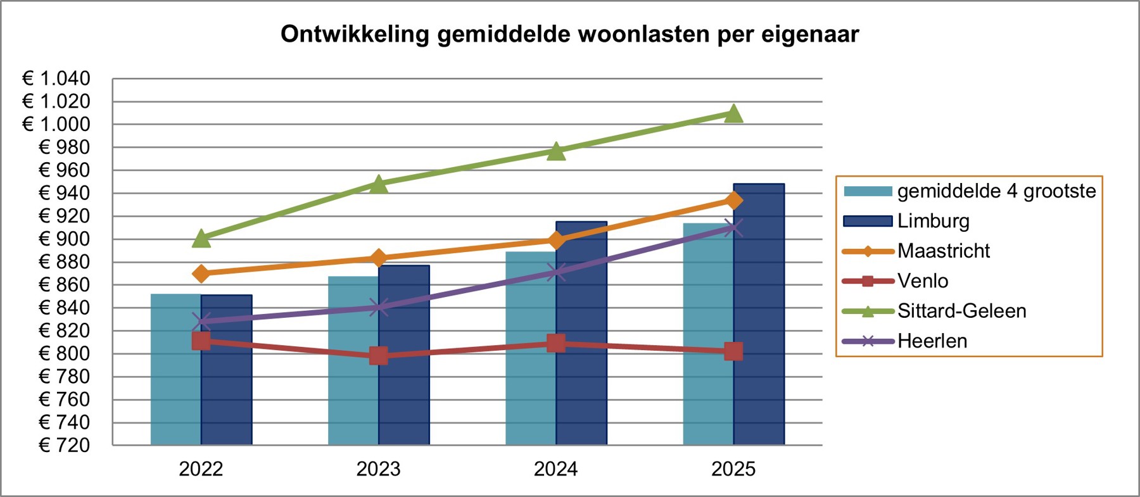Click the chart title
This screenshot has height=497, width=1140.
(x=569, y=34)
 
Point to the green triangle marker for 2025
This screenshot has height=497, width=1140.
(x=733, y=114)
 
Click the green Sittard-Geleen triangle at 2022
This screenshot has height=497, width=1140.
(x=201, y=239)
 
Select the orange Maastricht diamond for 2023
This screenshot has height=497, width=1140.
(x=379, y=258)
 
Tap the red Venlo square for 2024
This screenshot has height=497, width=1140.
(x=556, y=343)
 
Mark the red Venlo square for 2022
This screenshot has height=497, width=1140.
(x=201, y=341)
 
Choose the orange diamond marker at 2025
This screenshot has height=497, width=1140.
(x=733, y=201)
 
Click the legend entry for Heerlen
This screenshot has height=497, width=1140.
(x=932, y=341)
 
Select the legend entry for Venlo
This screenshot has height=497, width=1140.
(x=922, y=281)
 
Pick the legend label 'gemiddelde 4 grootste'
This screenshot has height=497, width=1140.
(x=996, y=191)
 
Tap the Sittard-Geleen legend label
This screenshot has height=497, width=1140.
(x=961, y=311)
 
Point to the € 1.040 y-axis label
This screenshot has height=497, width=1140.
(x=56, y=79)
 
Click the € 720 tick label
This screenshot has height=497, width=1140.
(x=65, y=445)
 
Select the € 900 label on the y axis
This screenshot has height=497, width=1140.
(x=65, y=239)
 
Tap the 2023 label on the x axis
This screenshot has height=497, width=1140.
(x=379, y=469)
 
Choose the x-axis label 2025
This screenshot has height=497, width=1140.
(x=733, y=469)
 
